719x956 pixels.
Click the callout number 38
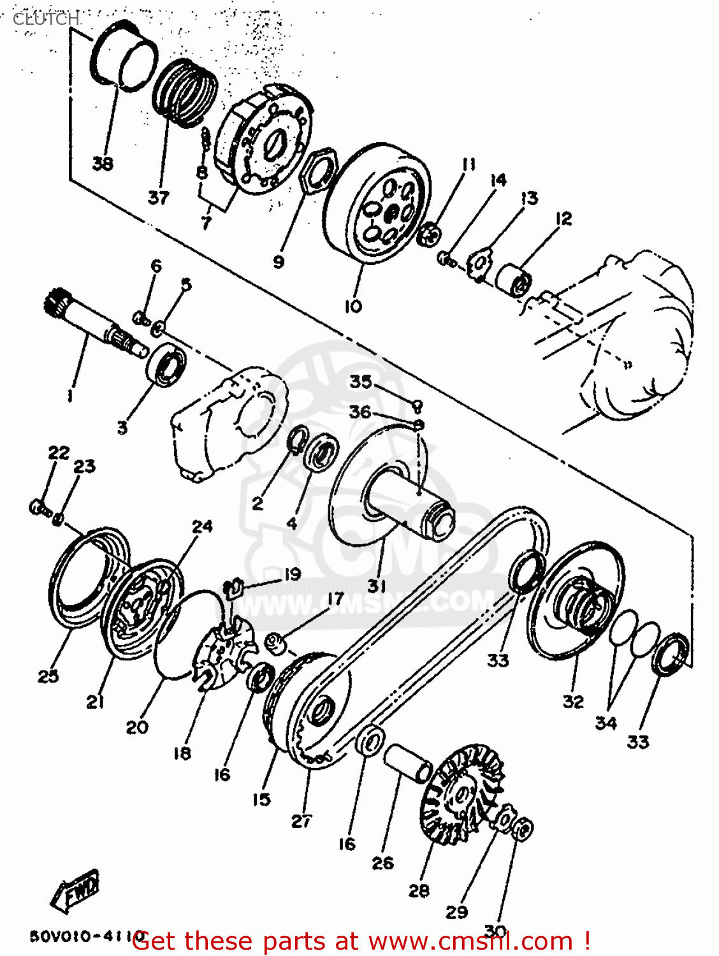[x=103, y=164]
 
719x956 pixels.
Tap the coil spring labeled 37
[x=185, y=92]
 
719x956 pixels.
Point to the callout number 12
[x=563, y=219]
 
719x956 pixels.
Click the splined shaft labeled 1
[x=96, y=322]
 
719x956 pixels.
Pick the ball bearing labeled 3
[x=168, y=365]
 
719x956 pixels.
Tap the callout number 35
[x=360, y=382]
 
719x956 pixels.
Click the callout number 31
[x=377, y=585]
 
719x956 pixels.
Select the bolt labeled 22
[x=38, y=507]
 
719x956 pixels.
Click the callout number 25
[x=48, y=676]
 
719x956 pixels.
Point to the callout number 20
[x=137, y=727]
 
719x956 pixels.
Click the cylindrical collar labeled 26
[x=408, y=763]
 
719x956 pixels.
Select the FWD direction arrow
[x=75, y=890]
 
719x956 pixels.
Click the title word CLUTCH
[x=46, y=19]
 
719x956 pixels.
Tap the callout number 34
[x=606, y=723]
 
